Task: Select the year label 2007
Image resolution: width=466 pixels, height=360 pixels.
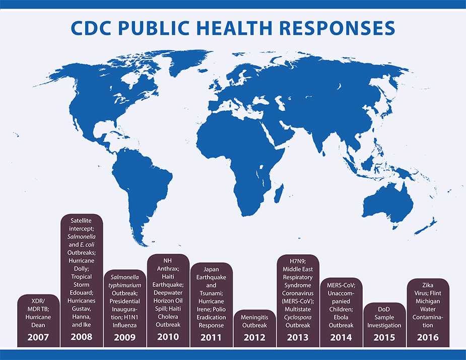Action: [38, 337]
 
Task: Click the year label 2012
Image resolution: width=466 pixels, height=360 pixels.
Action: [255, 337]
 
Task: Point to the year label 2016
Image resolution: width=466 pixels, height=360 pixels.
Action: [428, 337]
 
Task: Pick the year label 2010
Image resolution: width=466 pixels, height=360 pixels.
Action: [168, 337]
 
